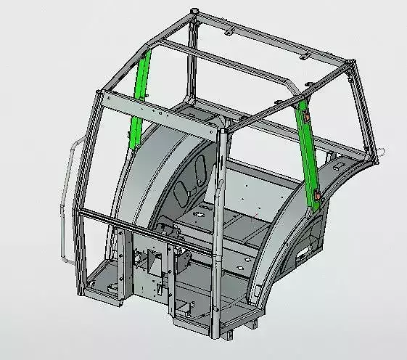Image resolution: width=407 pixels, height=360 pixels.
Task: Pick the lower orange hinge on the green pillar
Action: [320, 195]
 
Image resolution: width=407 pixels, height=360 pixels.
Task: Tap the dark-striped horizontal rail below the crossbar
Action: [145, 224]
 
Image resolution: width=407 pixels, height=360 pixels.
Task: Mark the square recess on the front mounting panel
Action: [154, 258]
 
